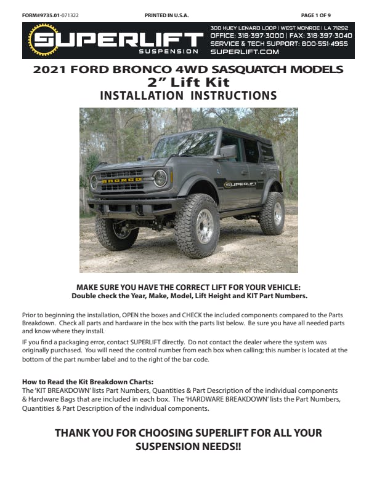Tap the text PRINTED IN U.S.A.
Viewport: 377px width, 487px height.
click(166, 14)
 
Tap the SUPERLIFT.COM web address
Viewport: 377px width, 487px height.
click(237, 52)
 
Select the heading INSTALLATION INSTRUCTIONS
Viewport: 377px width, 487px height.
click(188, 95)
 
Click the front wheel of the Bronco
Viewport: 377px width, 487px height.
click(198, 226)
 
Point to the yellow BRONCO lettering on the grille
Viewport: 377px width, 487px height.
click(122, 180)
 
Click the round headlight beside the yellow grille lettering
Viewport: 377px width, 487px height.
click(160, 178)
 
